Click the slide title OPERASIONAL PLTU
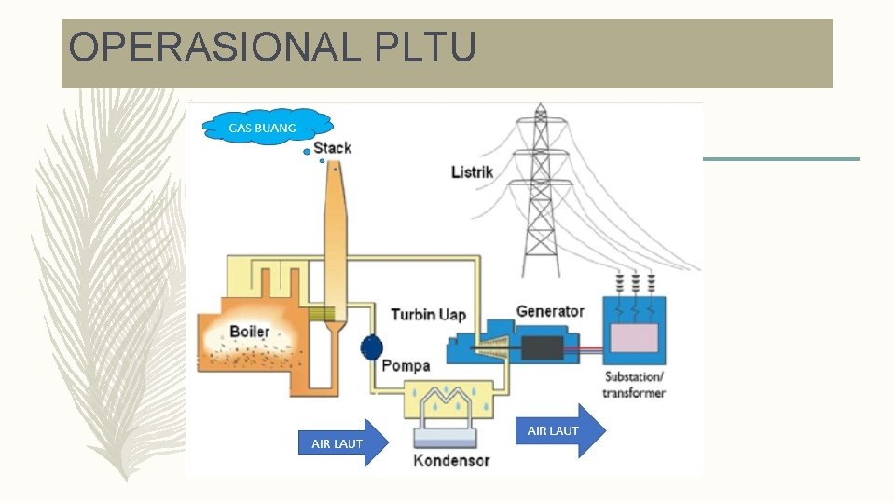(272, 48)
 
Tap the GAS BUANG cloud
(266, 126)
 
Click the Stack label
(333, 148)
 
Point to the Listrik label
(472, 172)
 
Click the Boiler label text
(250, 332)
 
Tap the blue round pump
(371, 348)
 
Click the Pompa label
(406, 366)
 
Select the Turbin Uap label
(428, 315)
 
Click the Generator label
(550, 311)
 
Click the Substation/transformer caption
(634, 385)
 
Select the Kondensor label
(451, 459)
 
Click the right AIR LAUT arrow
(559, 430)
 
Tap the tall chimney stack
(335, 242)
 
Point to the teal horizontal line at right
(780, 159)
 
